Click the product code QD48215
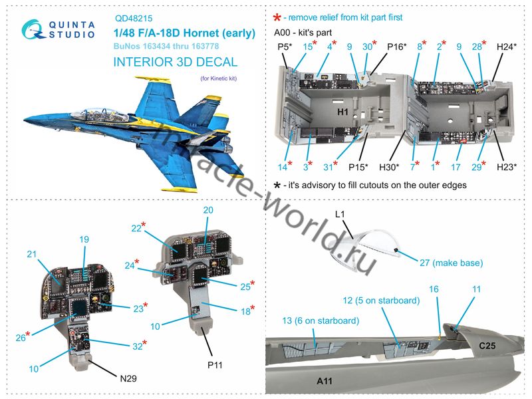tap(134, 19)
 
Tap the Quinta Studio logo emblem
tap(33, 29)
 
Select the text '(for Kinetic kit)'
tap(219, 78)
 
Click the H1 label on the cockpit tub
tap(342, 112)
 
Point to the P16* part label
tap(396, 47)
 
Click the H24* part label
tap(507, 47)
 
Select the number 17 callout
tap(456, 167)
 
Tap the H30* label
tap(389, 167)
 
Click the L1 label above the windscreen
tap(340, 214)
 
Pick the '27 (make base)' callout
tap(452, 263)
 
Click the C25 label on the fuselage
tap(487, 346)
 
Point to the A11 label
tap(325, 381)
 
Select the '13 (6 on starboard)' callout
tap(321, 321)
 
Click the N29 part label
tap(128, 378)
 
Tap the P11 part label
tap(215, 365)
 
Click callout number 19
tap(84, 239)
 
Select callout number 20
tap(208, 210)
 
